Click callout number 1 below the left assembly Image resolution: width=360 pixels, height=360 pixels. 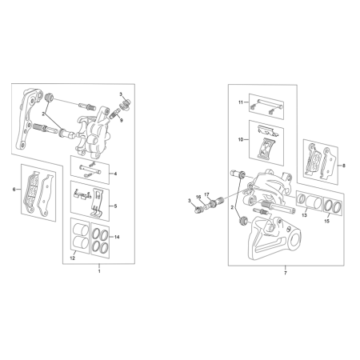pyautogui.click(x=99, y=271)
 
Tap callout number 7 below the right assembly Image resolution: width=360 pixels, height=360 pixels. pyautogui.click(x=285, y=273)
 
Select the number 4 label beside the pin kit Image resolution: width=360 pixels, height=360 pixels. pyautogui.click(x=115, y=174)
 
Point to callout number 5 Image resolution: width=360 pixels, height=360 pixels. pyautogui.click(x=115, y=206)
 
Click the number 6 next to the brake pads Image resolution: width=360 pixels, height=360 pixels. pyautogui.click(x=14, y=190)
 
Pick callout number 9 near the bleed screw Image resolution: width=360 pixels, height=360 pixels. pyautogui.click(x=122, y=121)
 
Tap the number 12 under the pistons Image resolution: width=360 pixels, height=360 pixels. pyautogui.click(x=73, y=258)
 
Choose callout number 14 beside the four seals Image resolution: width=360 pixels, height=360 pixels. pyautogui.click(x=117, y=237)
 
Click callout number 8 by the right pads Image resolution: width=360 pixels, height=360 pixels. pyautogui.click(x=344, y=166)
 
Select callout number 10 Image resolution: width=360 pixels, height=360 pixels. pyautogui.click(x=241, y=139)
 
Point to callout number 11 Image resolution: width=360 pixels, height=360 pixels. pyautogui.click(x=241, y=102)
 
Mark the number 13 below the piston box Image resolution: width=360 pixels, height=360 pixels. pyautogui.click(x=305, y=215)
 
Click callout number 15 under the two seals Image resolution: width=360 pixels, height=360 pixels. pyautogui.click(x=327, y=221)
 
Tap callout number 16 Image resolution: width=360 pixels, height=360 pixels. pyautogui.click(x=198, y=197)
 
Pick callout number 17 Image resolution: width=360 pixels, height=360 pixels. pyautogui.click(x=206, y=194)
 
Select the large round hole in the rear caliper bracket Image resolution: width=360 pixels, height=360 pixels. pyautogui.click(x=294, y=240)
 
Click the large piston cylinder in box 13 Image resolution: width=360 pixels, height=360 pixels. pyautogui.click(x=314, y=202)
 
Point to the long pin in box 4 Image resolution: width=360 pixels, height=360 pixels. pyautogui.click(x=90, y=169)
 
